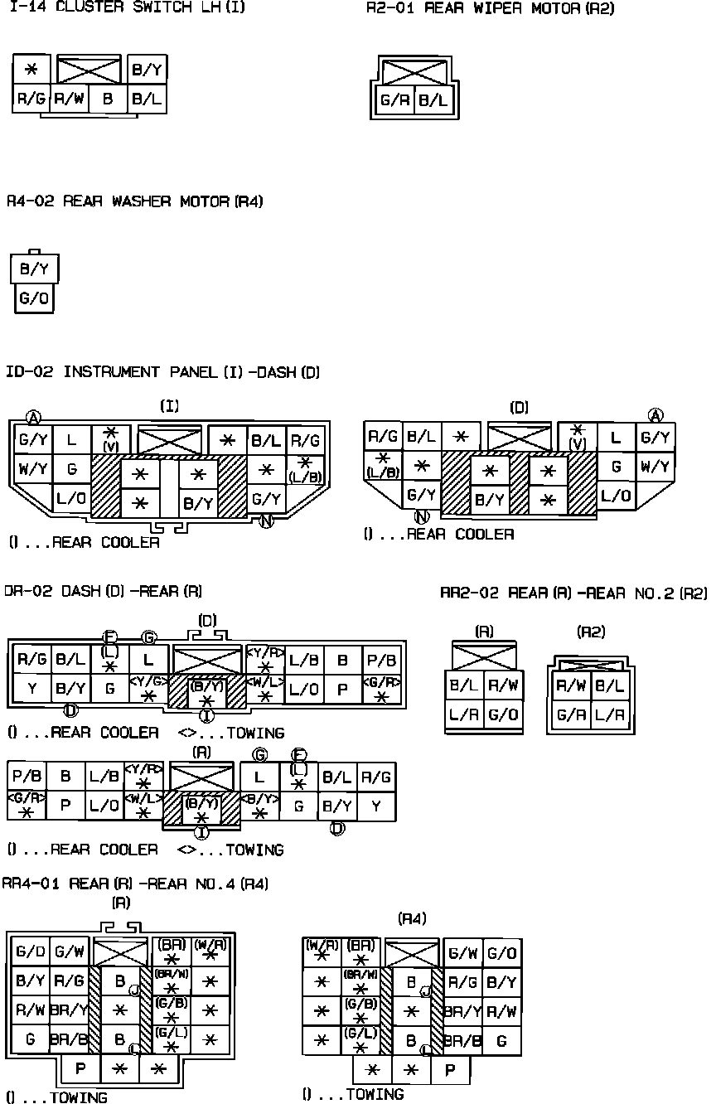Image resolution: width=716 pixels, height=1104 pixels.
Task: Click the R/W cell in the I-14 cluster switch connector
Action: pos(70,99)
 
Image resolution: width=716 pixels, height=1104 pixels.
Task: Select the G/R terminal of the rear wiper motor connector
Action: pos(395,101)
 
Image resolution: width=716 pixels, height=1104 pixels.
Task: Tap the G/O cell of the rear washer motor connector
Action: pos(34,299)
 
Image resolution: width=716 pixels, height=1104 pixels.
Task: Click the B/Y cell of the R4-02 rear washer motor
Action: pos(34,269)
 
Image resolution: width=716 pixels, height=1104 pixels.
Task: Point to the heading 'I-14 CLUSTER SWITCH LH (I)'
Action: pos(127,8)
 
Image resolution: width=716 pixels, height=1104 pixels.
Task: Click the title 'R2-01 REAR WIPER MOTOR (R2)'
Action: pos(491,9)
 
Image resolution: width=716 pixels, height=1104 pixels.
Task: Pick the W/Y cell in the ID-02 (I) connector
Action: pos(32,470)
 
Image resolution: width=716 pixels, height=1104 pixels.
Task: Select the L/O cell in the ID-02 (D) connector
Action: pos(616,496)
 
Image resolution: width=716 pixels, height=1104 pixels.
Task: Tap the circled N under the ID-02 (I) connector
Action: pos(266,521)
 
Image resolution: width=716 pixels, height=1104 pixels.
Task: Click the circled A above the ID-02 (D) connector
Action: pos(656,415)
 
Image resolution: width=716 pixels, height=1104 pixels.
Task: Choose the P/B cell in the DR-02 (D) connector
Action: pos(382,660)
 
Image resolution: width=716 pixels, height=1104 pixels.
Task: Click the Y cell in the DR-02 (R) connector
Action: pos(377,805)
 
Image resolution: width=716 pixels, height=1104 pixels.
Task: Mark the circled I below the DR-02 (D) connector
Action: pos(206,715)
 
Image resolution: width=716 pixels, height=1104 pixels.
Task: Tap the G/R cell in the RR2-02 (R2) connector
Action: pos(572,714)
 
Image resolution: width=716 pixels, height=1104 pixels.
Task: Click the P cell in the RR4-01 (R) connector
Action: pos(80,1068)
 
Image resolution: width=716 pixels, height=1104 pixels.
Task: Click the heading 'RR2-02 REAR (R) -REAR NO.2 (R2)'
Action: pos(573,593)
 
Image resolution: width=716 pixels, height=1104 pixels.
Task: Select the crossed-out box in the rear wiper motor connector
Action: pos(414,73)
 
